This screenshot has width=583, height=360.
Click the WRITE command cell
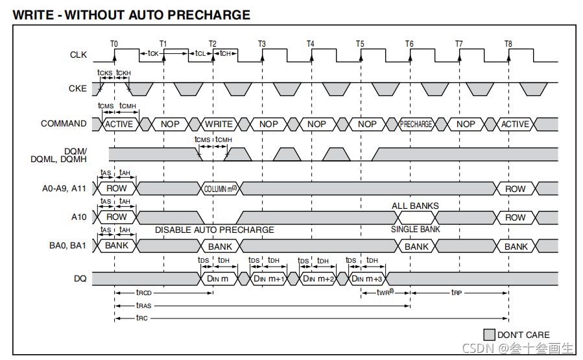click(219, 124)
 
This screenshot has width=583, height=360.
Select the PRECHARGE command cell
click(416, 124)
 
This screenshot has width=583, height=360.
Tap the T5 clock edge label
click(360, 43)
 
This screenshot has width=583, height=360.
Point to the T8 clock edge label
click(508, 43)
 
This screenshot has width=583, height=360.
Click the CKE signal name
click(78, 88)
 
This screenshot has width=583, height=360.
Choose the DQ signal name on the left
click(79, 278)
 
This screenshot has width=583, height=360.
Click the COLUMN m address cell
click(220, 189)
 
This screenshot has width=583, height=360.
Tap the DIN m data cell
click(218, 278)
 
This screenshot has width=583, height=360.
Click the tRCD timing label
click(143, 293)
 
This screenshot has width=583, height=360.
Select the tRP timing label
click(457, 293)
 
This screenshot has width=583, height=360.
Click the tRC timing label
click(141, 318)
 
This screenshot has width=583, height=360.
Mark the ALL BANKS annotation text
click(415, 206)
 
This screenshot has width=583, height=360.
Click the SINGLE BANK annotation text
click(415, 230)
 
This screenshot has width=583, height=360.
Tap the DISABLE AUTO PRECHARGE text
click(214, 230)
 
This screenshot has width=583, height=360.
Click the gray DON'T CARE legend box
click(490, 335)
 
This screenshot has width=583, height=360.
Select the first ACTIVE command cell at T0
click(119, 124)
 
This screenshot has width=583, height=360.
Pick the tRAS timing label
click(143, 306)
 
